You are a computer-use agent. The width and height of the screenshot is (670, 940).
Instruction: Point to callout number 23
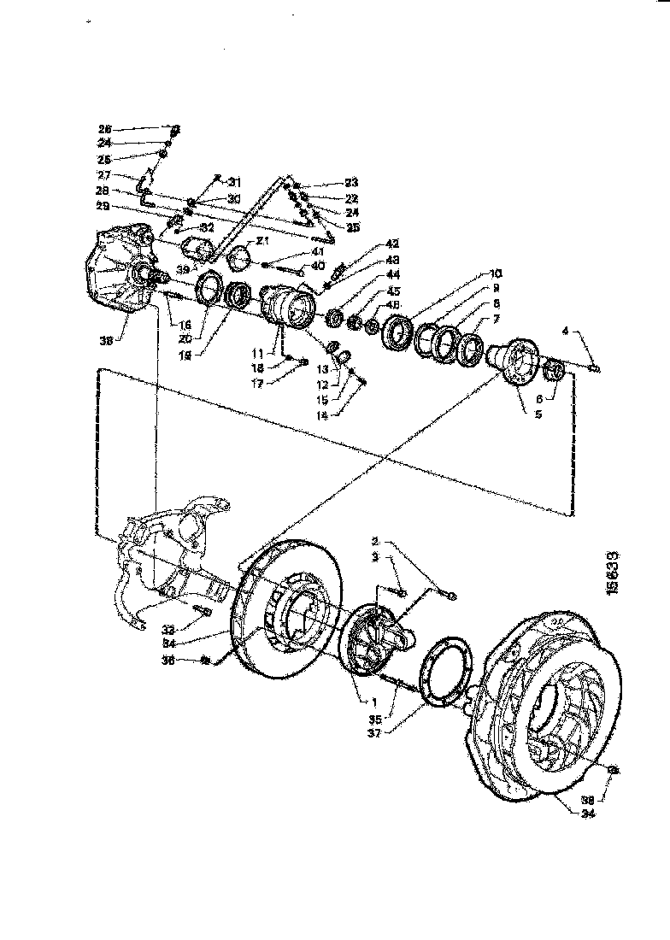[x=328, y=182]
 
